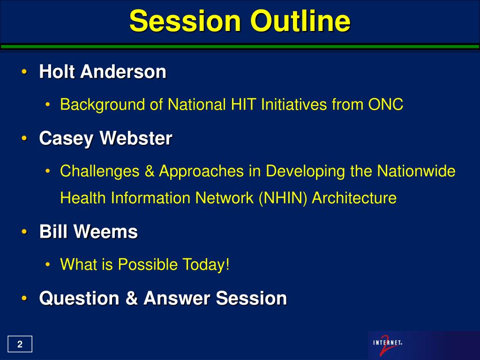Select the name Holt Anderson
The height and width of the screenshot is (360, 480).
click(103, 72)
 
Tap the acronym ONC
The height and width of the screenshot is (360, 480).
click(385, 105)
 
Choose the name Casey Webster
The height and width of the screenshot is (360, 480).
click(105, 139)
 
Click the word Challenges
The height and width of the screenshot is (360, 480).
click(100, 171)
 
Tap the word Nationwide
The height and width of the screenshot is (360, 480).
click(416, 171)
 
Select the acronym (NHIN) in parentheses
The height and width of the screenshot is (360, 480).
click(283, 198)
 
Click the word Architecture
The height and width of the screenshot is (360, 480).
click(354, 198)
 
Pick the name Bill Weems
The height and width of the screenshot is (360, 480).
click(89, 232)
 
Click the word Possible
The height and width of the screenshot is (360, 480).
click(148, 264)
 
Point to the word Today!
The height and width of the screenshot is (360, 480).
click(206, 264)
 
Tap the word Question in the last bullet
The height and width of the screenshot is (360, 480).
click(79, 299)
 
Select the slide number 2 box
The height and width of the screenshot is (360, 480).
click(20, 344)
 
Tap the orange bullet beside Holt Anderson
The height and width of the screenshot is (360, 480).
click(24, 72)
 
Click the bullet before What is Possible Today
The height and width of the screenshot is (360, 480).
click(47, 264)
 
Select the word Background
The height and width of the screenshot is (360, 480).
click(102, 105)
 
